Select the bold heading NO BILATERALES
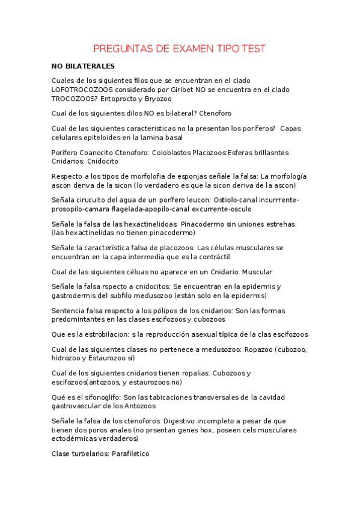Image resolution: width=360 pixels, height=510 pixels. pyautogui.click(x=83, y=66)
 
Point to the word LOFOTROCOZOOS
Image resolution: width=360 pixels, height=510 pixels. pyautogui.click(x=86, y=89)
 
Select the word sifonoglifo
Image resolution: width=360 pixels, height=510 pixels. pyautogui.click(x=96, y=398)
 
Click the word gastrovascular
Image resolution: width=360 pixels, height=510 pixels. pyautogui.click(x=81, y=407)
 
